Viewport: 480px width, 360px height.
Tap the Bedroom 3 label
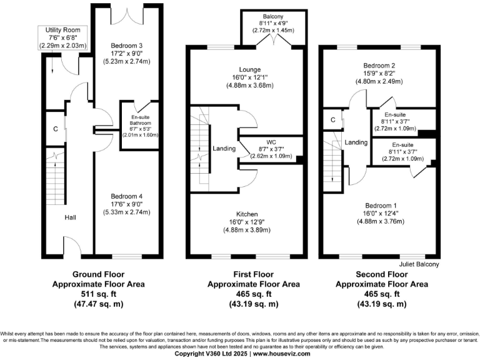click(127, 46)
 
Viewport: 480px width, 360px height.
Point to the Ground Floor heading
click(98, 274)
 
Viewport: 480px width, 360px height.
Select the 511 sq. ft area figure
click(98, 294)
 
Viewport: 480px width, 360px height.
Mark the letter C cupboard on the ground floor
click(56, 129)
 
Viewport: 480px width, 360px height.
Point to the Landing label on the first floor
click(224, 149)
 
